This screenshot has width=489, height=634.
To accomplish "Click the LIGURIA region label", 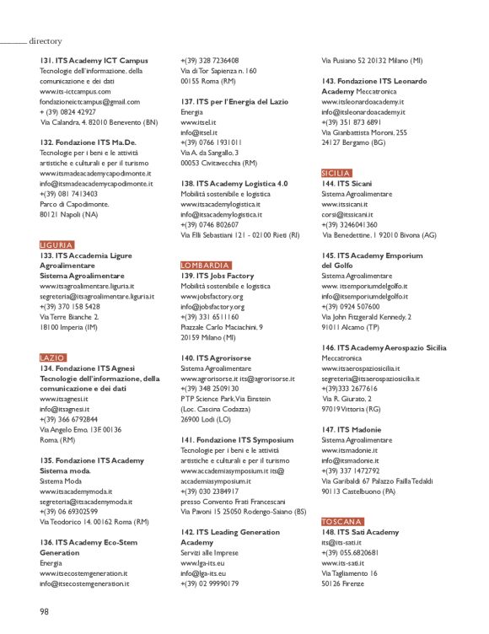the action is (x=56, y=244).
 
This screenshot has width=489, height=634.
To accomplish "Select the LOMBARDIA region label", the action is (x=205, y=265).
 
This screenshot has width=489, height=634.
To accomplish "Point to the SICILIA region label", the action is (x=338, y=173).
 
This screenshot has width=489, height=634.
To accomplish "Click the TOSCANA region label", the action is (x=341, y=521).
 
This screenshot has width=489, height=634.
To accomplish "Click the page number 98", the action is (x=45, y=610).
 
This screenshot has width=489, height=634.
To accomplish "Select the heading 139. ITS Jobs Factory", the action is (x=217, y=276).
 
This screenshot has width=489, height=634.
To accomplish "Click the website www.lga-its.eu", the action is (x=202, y=539).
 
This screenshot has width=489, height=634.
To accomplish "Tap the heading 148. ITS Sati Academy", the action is (x=360, y=532).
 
